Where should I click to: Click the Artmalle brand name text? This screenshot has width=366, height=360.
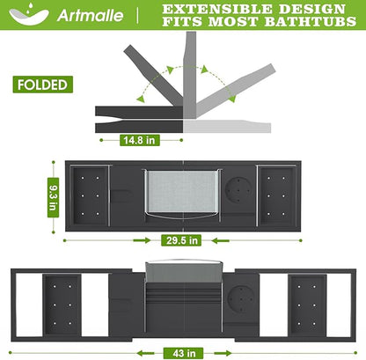[91, 15]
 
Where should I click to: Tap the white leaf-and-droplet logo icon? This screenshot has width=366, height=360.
[29, 14]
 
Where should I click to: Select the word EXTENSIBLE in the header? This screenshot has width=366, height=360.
[217, 9]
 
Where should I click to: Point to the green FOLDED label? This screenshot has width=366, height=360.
[43, 84]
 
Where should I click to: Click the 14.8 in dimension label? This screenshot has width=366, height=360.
[140, 140]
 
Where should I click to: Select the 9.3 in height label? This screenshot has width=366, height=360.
[53, 197]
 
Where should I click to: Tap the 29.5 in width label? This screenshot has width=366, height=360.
[181, 240]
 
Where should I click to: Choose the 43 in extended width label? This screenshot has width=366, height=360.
[184, 353]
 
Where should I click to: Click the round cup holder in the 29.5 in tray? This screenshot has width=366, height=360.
[238, 190]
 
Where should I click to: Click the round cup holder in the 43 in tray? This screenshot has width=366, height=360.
[242, 299]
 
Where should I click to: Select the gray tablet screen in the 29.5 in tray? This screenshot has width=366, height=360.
[182, 191]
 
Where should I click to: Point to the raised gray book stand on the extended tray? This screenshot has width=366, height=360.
[184, 272]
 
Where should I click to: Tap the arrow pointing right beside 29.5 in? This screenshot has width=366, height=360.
[142, 240]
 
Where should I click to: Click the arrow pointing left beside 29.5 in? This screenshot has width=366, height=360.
[220, 241]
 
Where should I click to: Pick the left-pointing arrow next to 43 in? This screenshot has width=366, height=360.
[145, 353]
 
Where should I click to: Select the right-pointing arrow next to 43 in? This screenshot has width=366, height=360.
[223, 353]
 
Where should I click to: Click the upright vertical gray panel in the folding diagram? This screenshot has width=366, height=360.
[190, 75]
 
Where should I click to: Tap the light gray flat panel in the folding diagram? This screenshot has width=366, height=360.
[227, 126]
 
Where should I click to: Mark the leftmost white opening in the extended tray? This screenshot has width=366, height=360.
[29, 305]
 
